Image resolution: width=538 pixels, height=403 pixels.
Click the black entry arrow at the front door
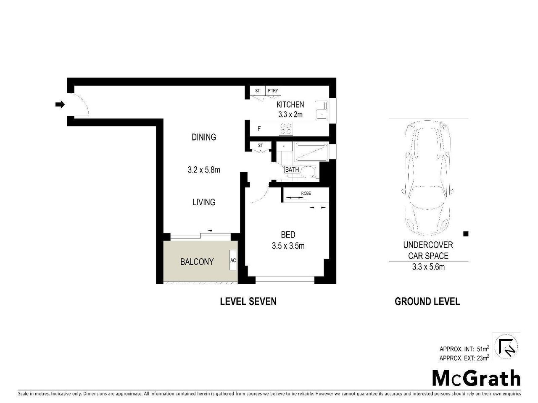(x=60, y=105)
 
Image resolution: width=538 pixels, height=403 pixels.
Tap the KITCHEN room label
(x=290, y=105)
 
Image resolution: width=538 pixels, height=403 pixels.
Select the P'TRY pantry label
(x=272, y=91)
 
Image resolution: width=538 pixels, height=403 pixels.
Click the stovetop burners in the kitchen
(x=286, y=128)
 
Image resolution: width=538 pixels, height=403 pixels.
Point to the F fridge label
(x=259, y=129)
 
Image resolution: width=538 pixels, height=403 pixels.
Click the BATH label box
(x=292, y=170)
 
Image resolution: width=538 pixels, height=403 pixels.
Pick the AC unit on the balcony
(x=233, y=260)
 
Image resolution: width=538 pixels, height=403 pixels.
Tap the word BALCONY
(x=197, y=262)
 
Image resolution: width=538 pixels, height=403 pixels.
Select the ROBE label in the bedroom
(x=306, y=193)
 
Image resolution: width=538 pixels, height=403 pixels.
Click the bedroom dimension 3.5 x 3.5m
(x=288, y=246)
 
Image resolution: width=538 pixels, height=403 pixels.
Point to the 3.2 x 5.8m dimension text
(x=204, y=170)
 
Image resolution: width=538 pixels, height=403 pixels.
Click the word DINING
(x=204, y=137)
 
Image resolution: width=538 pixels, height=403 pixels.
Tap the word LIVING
(x=204, y=202)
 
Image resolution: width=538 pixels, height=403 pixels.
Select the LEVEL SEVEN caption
(x=248, y=301)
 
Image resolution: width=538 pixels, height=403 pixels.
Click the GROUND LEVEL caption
(x=427, y=301)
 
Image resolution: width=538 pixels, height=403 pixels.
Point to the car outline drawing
(x=427, y=178)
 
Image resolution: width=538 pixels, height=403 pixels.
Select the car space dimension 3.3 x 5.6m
(x=428, y=267)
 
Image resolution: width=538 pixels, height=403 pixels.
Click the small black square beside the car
(x=465, y=234)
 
